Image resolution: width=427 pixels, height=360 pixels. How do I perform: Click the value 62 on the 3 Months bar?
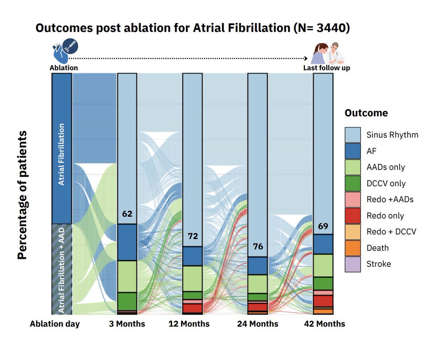click(x=127, y=214)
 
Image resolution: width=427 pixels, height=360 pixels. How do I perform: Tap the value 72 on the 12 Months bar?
click(x=193, y=236)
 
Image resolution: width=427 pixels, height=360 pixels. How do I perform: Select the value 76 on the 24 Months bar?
click(x=258, y=247)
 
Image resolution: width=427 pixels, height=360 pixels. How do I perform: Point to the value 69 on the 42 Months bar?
click(x=323, y=226)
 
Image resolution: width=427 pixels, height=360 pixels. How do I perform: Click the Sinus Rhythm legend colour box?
click(x=353, y=135)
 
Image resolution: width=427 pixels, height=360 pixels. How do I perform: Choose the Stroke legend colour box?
click(x=353, y=264)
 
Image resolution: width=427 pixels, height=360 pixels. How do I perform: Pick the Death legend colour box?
click(x=353, y=248)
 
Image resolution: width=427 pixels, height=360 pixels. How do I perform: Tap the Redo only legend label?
click(x=385, y=216)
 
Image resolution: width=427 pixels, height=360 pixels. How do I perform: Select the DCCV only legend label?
click(x=386, y=184)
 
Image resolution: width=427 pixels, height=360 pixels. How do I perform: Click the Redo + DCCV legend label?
click(x=391, y=232)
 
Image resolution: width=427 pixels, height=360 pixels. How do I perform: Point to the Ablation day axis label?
click(x=55, y=324)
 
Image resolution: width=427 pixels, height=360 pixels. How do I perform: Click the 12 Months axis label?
click(x=189, y=324)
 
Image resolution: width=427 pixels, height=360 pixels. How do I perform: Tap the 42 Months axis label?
click(x=324, y=324)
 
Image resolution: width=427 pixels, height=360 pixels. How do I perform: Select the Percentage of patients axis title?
click(x=22, y=195)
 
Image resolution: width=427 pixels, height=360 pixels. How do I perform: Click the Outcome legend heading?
click(x=366, y=113)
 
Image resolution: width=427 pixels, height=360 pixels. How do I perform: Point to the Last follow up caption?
click(x=327, y=68)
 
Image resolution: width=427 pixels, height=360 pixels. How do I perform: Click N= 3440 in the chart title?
click(x=322, y=28)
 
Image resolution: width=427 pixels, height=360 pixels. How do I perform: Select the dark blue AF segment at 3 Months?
click(x=127, y=242)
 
